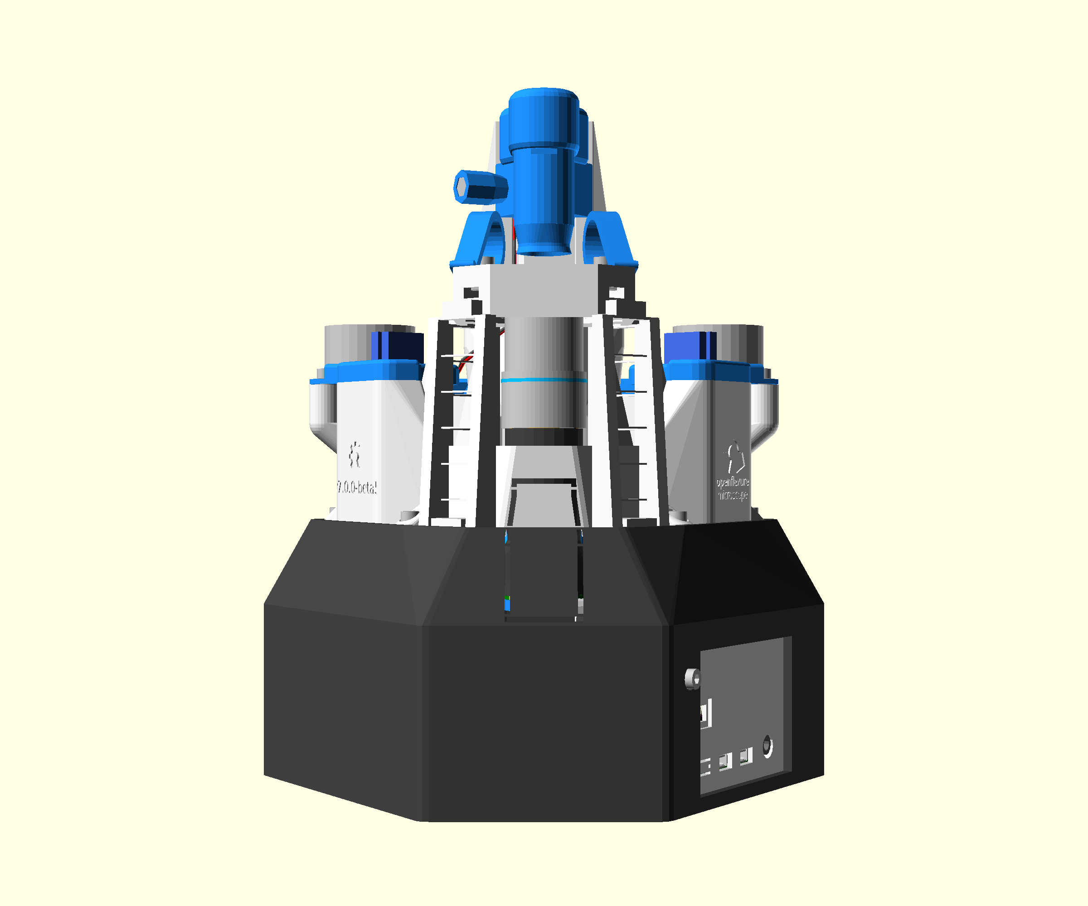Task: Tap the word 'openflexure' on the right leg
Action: click(x=733, y=482)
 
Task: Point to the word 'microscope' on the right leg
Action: click(x=733, y=496)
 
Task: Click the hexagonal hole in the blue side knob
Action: click(x=461, y=187)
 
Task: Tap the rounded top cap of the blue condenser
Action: click(x=544, y=98)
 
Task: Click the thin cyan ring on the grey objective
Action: click(x=544, y=380)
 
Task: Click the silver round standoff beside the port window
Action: click(x=693, y=678)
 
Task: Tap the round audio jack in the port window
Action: click(x=767, y=746)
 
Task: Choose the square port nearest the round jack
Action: click(x=746, y=757)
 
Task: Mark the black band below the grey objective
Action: click(x=544, y=436)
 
